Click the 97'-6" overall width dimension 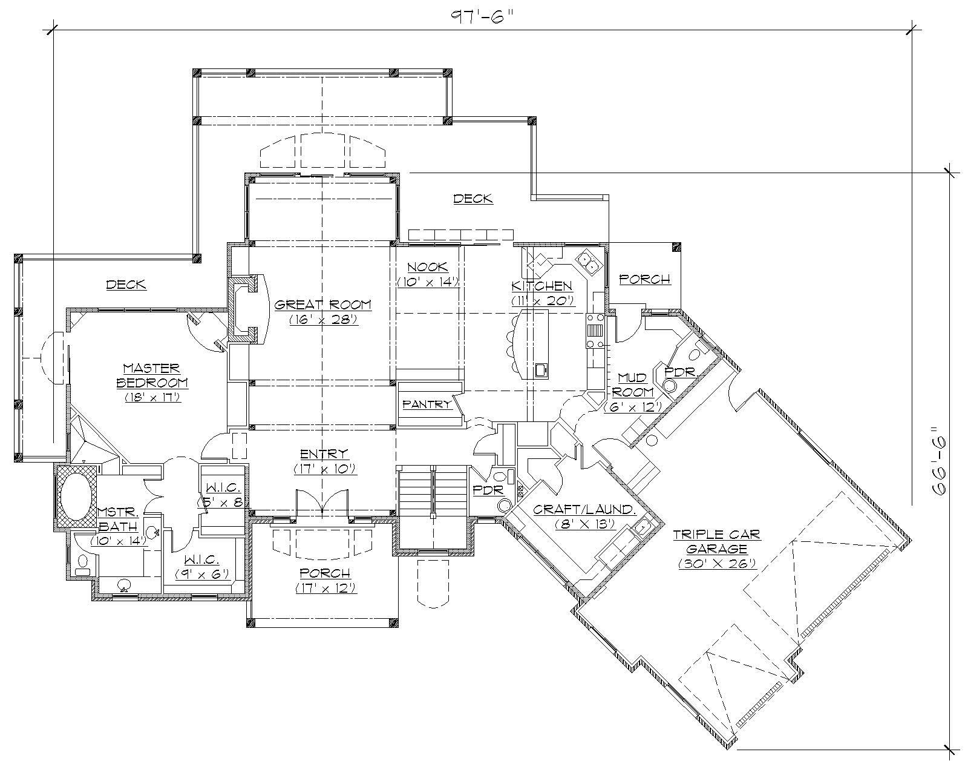(x=482, y=16)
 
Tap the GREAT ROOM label (x=323, y=305)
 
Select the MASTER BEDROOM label (x=152, y=375)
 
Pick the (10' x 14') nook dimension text (x=428, y=282)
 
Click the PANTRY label (x=427, y=404)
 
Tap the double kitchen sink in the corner (x=587, y=261)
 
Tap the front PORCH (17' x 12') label (x=325, y=573)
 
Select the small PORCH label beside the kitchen (x=645, y=279)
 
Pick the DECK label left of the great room (x=126, y=284)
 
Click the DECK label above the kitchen (x=473, y=198)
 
